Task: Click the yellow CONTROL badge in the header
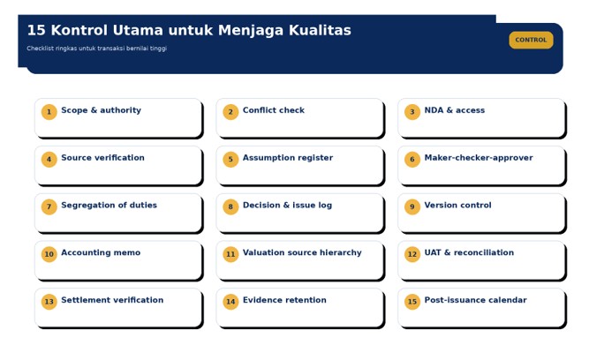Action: click(531, 40)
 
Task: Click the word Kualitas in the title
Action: click(320, 30)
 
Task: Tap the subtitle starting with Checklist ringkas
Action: click(96, 48)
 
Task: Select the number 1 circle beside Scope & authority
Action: click(49, 111)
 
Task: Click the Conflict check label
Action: click(274, 110)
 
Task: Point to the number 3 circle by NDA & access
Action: click(412, 111)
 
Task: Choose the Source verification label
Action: click(102, 158)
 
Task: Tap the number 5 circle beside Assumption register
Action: click(230, 159)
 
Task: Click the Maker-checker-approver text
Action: click(479, 158)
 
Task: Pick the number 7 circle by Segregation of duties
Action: click(49, 206)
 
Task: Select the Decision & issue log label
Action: click(287, 205)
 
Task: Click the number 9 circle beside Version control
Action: click(412, 206)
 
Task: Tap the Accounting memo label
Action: click(101, 252)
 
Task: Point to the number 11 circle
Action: click(230, 254)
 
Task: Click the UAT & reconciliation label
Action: click(469, 252)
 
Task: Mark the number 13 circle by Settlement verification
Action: click(49, 302)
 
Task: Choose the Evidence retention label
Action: click(284, 300)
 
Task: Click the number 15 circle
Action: click(412, 302)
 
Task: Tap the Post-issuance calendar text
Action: click(476, 300)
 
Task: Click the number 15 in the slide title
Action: click(36, 30)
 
